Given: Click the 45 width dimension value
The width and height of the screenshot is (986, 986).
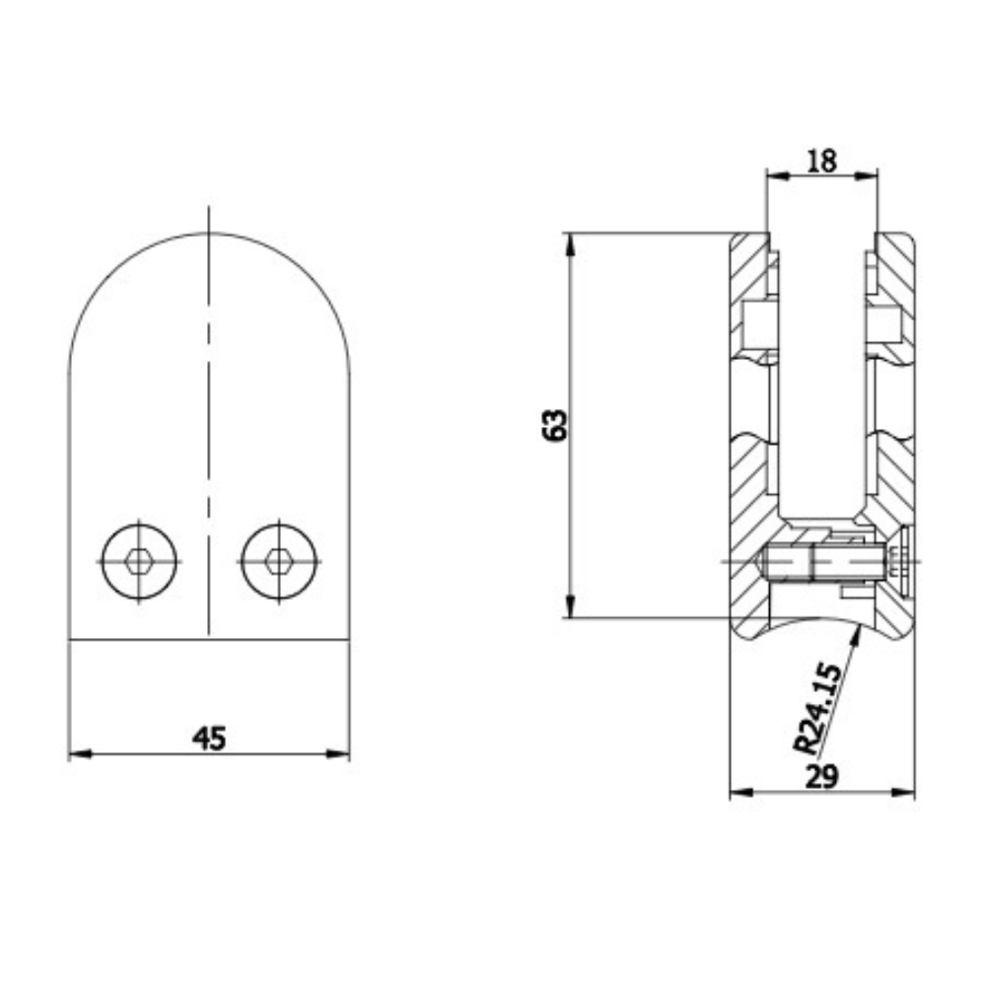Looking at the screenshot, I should coord(209,737).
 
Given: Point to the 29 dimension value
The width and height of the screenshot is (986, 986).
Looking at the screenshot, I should coord(820,777).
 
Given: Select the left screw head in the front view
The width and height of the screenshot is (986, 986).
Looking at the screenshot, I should coord(138,561).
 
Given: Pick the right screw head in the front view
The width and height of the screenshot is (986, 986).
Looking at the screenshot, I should coord(279,561).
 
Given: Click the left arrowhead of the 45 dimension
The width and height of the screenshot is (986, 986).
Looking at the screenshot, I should coord(75,754).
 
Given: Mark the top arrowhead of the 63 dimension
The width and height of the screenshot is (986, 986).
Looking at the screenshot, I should coord(570,241).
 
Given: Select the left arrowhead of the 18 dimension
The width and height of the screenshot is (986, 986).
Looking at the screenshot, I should coord(773,176).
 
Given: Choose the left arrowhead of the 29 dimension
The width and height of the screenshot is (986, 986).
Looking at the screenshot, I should coord(736,793).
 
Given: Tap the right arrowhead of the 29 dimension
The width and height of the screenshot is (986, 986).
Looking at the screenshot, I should coord(908,793).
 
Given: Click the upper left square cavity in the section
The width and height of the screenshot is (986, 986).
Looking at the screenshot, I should coord(757,325).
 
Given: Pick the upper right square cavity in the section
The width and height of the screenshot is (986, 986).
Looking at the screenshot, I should coord(883,325).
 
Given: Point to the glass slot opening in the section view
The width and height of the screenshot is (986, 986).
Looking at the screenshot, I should coord(821,375).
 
